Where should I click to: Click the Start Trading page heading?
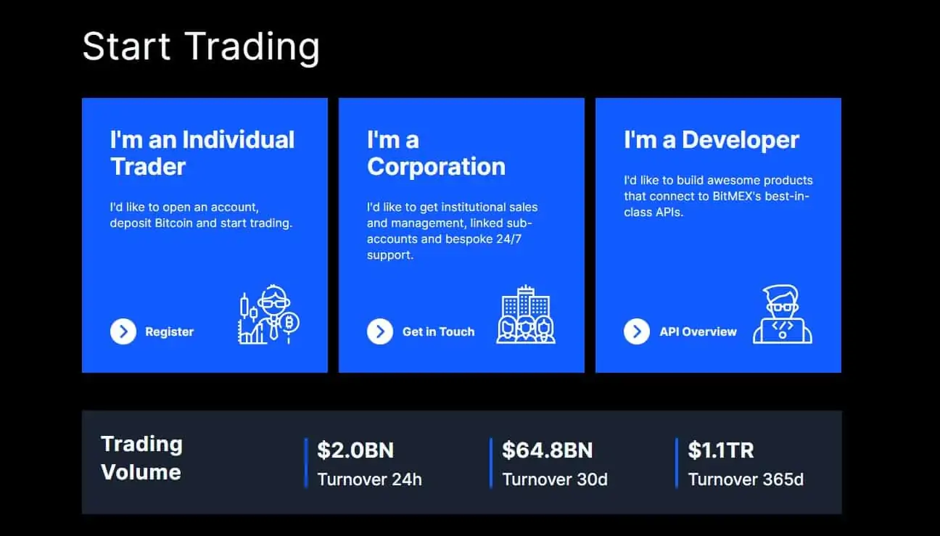point(201,46)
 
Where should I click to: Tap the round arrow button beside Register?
point(123,331)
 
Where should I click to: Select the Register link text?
point(170,331)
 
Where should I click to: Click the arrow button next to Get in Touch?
point(380,331)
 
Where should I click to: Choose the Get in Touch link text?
point(439,331)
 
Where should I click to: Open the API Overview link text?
point(698,331)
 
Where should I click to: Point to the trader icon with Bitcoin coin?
point(268,314)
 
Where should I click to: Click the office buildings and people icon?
point(526,314)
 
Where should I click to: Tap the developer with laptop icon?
point(783,314)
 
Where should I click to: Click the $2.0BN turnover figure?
point(355,450)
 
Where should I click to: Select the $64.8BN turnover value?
point(547,450)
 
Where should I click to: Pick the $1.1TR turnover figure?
point(721,450)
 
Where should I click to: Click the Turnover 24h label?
point(369,479)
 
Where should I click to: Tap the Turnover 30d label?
point(555,479)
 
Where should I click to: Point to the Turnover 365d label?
point(746,479)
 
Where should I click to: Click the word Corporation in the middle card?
point(436,167)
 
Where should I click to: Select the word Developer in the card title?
point(741,140)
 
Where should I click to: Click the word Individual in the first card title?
point(239,139)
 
